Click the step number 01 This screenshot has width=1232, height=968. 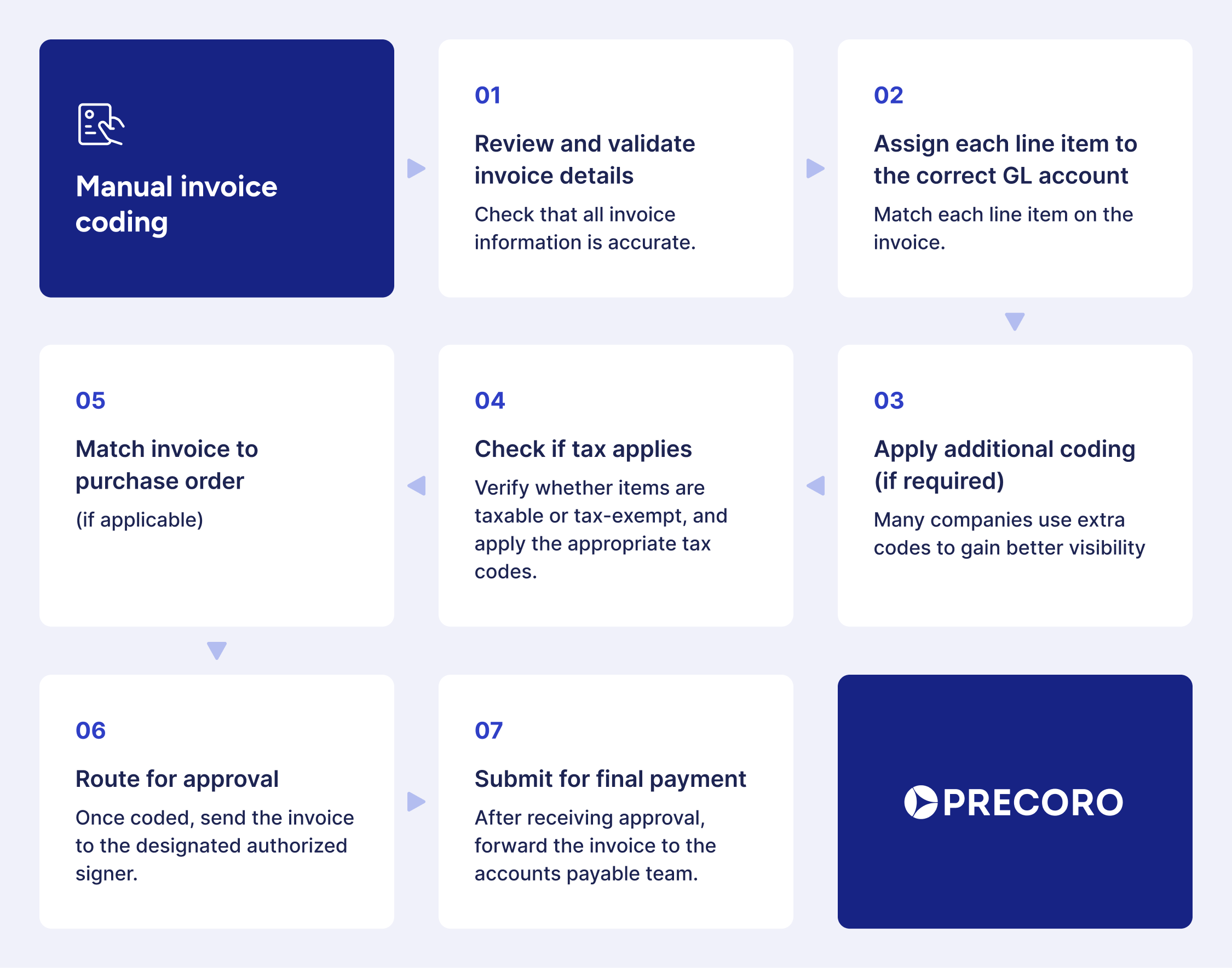pos(487,95)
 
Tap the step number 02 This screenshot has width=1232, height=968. pos(888,95)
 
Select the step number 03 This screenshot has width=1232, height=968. pos(889,401)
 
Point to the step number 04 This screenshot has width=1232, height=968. pos(490,401)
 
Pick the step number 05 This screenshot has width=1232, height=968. pos(90,401)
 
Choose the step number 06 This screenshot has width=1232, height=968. pos(90,731)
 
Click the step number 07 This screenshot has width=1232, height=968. pos(488,731)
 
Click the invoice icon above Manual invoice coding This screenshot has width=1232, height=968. pos(100,124)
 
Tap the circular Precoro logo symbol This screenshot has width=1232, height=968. pos(920,802)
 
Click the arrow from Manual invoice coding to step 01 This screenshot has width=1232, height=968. pos(416,169)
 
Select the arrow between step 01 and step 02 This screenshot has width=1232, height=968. pos(815,169)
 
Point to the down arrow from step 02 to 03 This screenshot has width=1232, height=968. pos(1014,321)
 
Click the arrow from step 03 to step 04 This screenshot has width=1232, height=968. pos(816,486)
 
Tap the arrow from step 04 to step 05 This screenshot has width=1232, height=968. pos(417,486)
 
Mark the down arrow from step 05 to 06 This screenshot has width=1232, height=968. pos(217,650)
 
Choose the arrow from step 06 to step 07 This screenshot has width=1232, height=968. pos(416,801)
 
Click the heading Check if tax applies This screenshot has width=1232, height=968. pos(583,449)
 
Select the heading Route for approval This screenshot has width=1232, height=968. pos(177,779)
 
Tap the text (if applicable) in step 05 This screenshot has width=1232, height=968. pos(140,520)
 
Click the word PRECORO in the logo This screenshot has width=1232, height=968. pos(1033,803)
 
